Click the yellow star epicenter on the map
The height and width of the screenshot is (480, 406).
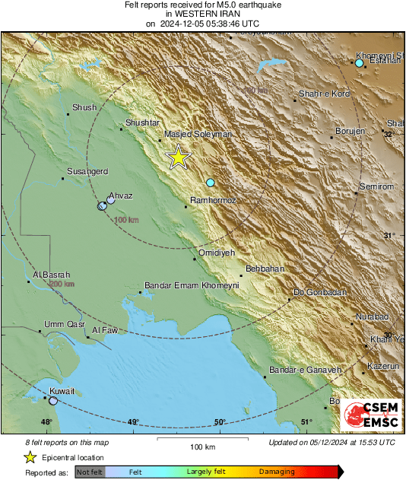point(178,157)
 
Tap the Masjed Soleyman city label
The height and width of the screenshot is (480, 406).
point(198,135)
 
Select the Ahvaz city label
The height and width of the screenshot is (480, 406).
point(121,195)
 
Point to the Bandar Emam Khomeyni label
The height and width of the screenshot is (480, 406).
point(192,286)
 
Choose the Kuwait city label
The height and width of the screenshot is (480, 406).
point(62,391)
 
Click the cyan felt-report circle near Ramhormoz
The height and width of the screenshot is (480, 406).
point(211,183)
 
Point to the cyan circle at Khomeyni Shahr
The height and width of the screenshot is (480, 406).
point(360,63)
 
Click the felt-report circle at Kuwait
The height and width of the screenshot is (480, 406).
point(52,400)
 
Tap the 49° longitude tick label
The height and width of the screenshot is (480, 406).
point(133,422)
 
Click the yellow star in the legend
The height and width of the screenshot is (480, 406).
point(30,457)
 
